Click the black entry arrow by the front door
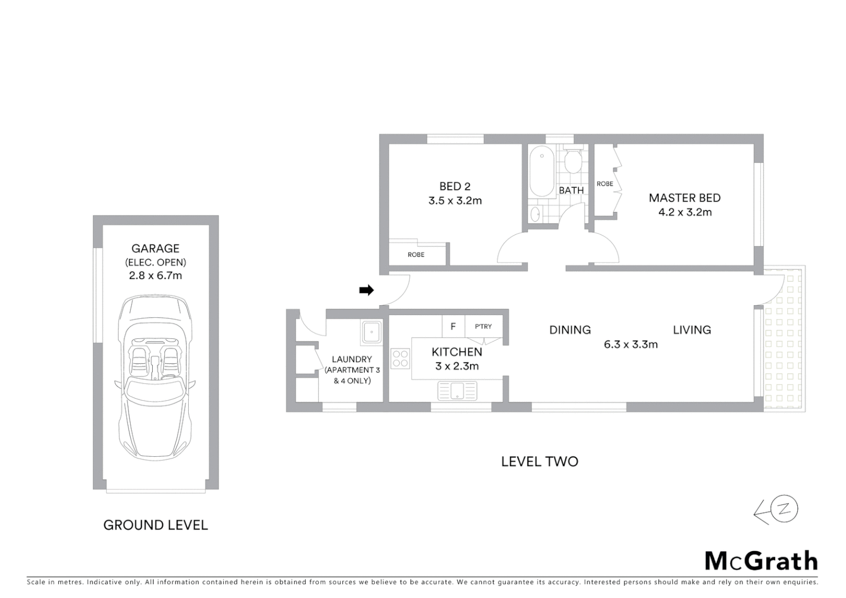[366, 290]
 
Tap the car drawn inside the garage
[156, 377]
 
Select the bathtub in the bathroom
[541, 171]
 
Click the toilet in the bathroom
[573, 161]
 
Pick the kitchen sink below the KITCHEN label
[457, 390]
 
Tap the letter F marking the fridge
[453, 327]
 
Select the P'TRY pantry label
[483, 327]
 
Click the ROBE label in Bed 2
[416, 255]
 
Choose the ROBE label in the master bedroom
[605, 184]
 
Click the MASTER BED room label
[684, 198]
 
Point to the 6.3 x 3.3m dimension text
[631, 344]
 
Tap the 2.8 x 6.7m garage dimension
[156, 275]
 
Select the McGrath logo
[761, 561]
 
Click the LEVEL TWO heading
[539, 461]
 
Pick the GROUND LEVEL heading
[156, 525]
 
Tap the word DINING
[570, 330]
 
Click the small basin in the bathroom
[535, 214]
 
